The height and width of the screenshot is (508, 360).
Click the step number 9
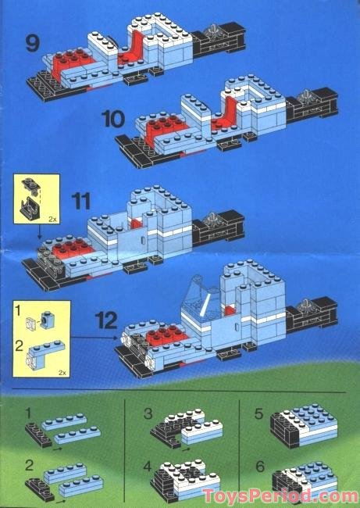point(33,44)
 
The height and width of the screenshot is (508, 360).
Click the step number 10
point(113,119)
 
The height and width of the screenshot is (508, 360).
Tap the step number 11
point(80,201)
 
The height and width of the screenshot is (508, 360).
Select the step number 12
point(106,320)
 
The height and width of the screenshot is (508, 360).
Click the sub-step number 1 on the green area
point(28,413)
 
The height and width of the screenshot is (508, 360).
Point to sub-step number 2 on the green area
point(29,466)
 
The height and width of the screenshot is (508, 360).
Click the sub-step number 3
point(148,413)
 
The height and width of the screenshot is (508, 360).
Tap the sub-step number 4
point(148,467)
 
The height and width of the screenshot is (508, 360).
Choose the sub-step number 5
point(259,413)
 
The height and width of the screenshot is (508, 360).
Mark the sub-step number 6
point(260,467)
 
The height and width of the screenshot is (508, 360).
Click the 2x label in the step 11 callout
point(52,220)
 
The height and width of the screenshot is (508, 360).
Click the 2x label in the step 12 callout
point(62,373)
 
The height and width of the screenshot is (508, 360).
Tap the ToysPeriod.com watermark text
point(280,496)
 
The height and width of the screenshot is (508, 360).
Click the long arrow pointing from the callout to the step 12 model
point(94,338)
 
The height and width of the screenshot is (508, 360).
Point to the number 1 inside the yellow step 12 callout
point(18,311)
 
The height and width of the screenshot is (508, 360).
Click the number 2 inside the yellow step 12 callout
point(19,346)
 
